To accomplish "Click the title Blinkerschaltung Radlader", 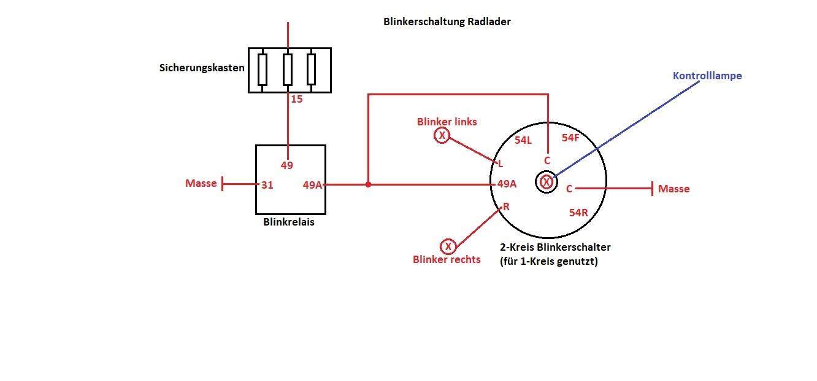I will click(447, 22).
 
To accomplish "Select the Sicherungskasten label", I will click(202, 68).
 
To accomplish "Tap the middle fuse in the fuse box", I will click(287, 70).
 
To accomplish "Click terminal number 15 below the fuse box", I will click(297, 98).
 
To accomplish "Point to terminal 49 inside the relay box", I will click(287, 165).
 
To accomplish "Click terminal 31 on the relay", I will click(267, 184).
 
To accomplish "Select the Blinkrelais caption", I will click(288, 222).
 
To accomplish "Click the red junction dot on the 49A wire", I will click(368, 184).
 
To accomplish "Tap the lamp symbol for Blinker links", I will click(442, 136).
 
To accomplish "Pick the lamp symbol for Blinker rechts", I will click(448, 246).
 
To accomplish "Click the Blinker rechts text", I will click(447, 259).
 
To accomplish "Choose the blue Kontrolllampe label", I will click(707, 76).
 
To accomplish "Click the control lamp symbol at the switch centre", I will click(547, 182).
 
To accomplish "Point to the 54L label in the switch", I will click(523, 140).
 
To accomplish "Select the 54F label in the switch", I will click(570, 138).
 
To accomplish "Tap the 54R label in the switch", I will click(578, 213).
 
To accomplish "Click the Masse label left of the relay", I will click(201, 183).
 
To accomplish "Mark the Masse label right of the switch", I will click(673, 189).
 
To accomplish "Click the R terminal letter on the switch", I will click(506, 206).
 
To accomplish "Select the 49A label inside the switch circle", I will click(507, 183).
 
